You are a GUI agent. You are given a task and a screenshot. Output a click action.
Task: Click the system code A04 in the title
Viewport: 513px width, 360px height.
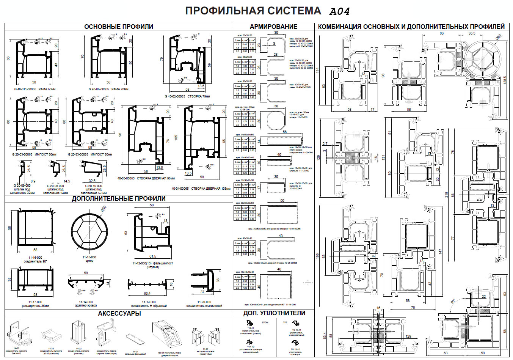339,11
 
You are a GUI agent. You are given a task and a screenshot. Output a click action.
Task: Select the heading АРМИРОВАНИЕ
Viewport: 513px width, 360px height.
273,27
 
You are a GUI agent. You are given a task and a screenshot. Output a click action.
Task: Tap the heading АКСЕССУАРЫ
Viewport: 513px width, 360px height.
119,313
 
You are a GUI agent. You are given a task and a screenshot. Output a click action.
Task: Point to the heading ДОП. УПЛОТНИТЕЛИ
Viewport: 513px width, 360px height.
274,313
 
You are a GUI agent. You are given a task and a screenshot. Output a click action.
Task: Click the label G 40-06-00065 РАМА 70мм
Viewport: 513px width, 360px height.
108,90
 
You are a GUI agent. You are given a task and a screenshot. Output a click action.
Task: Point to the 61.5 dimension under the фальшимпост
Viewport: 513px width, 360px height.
152,256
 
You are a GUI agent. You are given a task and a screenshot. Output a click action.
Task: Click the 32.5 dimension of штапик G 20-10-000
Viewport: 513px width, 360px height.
92,181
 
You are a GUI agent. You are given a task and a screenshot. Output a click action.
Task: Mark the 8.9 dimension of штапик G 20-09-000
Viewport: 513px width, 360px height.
33,181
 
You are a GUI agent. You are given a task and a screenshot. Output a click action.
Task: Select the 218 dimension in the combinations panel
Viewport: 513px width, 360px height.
446,195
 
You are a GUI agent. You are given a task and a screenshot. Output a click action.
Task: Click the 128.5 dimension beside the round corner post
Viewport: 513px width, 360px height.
505,80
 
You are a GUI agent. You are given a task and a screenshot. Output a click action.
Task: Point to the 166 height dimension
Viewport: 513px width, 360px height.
318,256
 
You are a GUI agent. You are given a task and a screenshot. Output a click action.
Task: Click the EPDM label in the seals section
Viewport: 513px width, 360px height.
265,322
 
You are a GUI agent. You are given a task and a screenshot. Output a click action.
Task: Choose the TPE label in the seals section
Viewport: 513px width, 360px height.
285,322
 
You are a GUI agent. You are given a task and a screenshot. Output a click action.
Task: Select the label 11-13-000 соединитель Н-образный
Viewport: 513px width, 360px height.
146,304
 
